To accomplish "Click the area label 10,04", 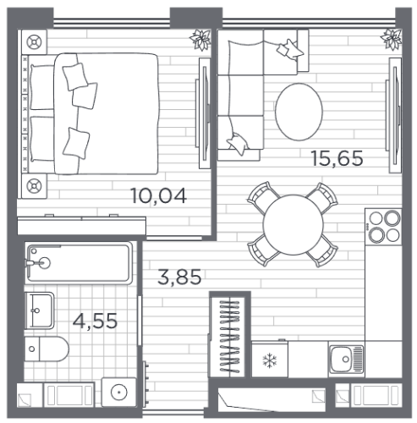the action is pyautogui.click(x=158, y=196).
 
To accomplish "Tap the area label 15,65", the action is pyautogui.click(x=337, y=158).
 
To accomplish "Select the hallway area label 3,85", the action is pyautogui.click(x=179, y=277).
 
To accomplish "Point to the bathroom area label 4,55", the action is pyautogui.click(x=95, y=321).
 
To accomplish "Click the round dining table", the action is pyautogui.click(x=294, y=225).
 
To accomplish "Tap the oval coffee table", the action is pyautogui.click(x=299, y=112).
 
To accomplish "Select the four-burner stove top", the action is pyautogui.click(x=383, y=227).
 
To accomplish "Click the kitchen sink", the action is pyautogui.click(x=346, y=360).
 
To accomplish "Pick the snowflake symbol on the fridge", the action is pyautogui.click(x=270, y=360).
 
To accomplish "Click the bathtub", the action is pyautogui.click(x=79, y=263).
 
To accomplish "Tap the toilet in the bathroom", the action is pyautogui.click(x=47, y=349).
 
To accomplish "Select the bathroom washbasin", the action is pyautogui.click(x=40, y=310).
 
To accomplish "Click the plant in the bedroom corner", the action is pyautogui.click(x=200, y=40).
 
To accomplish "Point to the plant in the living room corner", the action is pyautogui.click(x=392, y=39).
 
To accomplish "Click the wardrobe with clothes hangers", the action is pyautogui.click(x=230, y=336).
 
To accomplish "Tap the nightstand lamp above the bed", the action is pyautogui.click(x=34, y=42).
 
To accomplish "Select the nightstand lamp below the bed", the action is pyautogui.click(x=34, y=186).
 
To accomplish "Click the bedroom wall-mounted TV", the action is pyautogui.click(x=204, y=113).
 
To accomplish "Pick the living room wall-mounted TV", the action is pyautogui.click(x=394, y=115).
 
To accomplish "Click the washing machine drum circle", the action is pyautogui.click(x=119, y=393).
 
